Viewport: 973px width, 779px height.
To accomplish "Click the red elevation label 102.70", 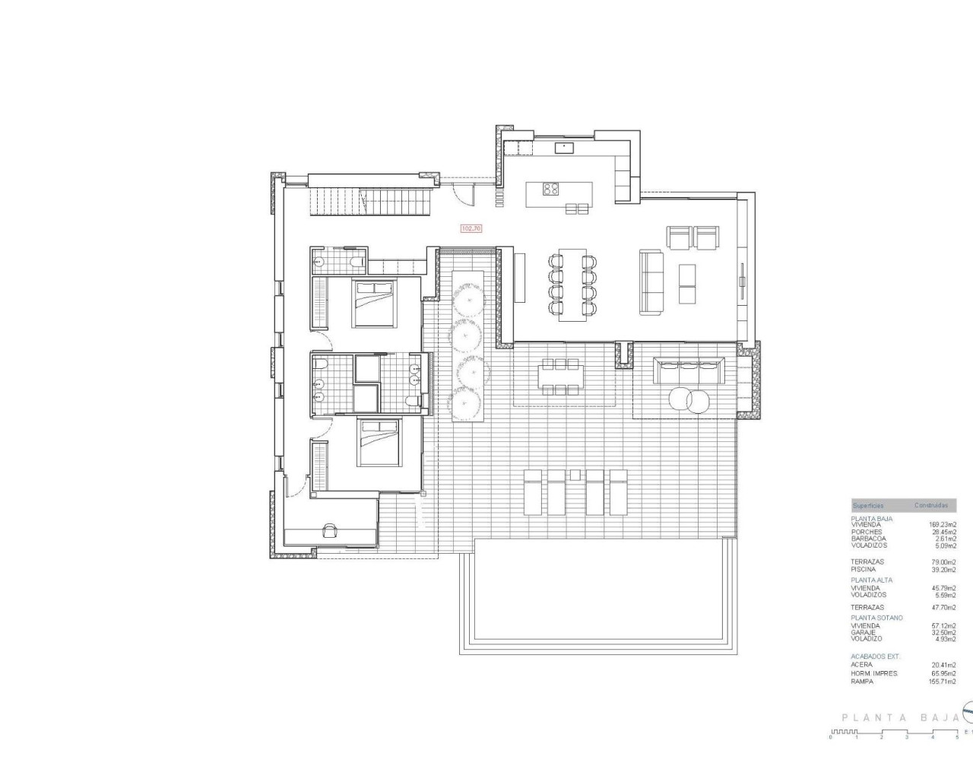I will (x=471, y=227).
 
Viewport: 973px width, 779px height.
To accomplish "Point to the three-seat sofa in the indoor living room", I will (x=650, y=282).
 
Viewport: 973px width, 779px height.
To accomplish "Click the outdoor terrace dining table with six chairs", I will (x=560, y=377).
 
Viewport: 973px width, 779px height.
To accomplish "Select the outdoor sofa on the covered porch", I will (x=687, y=372).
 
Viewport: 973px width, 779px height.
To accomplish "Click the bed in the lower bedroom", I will (x=376, y=442).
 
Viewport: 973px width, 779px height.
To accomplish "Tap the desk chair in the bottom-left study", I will (x=331, y=532).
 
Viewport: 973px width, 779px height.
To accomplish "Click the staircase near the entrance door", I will (x=371, y=202).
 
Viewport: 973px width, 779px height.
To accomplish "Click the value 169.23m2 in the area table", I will (x=942, y=524).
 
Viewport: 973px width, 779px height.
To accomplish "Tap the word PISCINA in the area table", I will (x=863, y=569).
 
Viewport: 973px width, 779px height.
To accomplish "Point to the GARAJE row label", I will (x=863, y=632).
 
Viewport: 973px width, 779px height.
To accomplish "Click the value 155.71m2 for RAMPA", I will (x=942, y=682).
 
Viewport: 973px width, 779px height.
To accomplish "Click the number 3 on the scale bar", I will (x=906, y=737).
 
